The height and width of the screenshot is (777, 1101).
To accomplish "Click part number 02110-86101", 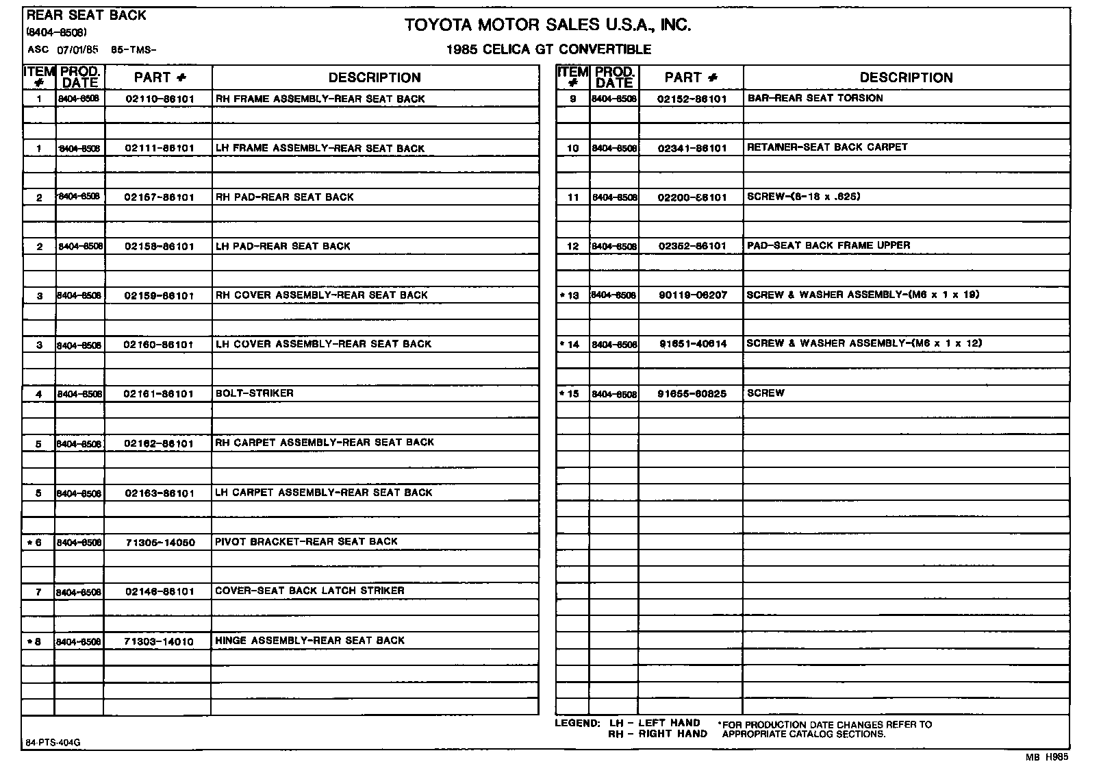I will [160, 99].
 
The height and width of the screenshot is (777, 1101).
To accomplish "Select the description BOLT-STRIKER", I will [254, 393].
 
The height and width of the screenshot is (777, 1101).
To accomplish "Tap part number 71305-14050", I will [160, 543].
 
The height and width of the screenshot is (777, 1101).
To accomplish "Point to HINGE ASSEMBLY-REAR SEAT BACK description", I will [309, 641].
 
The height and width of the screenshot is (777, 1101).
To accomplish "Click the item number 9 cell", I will [573, 99].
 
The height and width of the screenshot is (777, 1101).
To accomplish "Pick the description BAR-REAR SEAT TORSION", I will [815, 98].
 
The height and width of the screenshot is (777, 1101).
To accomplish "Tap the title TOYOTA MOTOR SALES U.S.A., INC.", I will [547, 25].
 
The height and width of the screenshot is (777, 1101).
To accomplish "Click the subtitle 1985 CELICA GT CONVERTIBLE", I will [548, 49].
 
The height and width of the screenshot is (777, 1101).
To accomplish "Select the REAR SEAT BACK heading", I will [86, 15].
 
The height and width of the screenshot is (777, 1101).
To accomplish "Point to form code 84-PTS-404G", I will [47, 743].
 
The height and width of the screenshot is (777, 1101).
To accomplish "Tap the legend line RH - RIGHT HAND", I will [657, 734].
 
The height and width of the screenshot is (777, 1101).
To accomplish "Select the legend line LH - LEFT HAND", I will [655, 723].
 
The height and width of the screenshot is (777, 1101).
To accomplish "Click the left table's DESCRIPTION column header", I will [375, 77].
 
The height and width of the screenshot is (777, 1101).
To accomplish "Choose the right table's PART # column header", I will [691, 77].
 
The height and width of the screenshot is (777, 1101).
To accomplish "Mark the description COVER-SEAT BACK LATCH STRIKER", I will [309, 591].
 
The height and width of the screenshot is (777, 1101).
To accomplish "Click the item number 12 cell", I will [573, 246].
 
